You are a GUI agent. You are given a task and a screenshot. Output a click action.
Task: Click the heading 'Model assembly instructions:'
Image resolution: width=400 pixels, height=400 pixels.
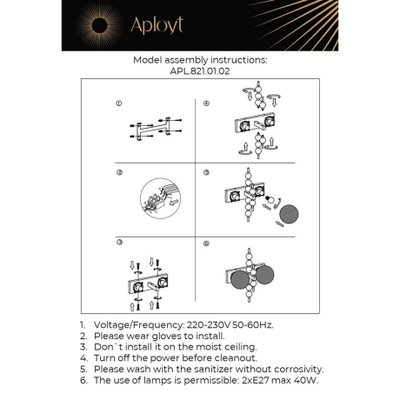(x=199, y=61)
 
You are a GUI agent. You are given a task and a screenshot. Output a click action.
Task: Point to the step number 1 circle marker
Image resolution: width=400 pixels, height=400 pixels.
(x=119, y=104)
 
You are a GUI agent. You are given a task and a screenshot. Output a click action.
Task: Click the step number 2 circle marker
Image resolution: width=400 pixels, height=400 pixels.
(x=119, y=173)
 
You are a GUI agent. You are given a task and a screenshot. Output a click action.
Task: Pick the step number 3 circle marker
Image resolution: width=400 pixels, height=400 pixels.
(x=119, y=241)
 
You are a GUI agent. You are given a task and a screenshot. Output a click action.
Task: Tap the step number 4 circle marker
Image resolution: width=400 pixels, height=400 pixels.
(x=206, y=104)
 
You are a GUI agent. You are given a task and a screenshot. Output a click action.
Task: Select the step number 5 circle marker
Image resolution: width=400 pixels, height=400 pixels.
(x=206, y=173)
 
